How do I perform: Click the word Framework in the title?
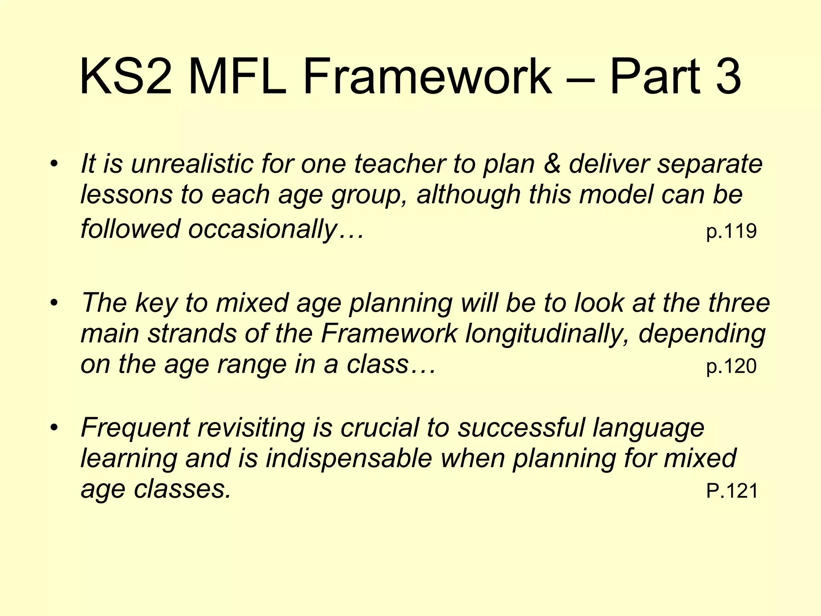pos(427,76)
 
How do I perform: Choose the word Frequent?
pos(135,428)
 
